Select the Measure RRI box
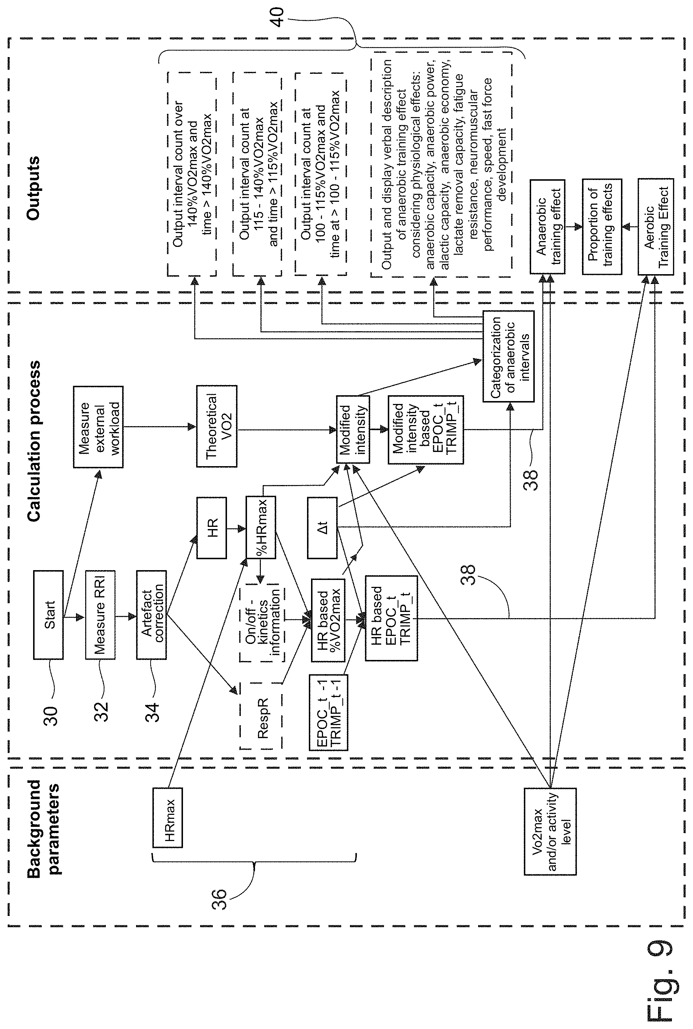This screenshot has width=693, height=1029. click(100, 615)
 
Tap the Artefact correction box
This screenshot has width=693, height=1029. click(152, 615)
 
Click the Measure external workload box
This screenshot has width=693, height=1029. click(98, 427)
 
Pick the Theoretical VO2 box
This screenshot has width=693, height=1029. click(216, 426)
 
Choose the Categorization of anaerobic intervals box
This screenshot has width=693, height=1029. click(508, 356)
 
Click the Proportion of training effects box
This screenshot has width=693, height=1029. click(602, 227)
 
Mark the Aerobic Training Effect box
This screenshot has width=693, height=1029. click(656, 227)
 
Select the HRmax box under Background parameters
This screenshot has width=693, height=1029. click(167, 817)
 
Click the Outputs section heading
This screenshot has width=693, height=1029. click(33, 188)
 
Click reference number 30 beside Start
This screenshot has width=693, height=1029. click(51, 716)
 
